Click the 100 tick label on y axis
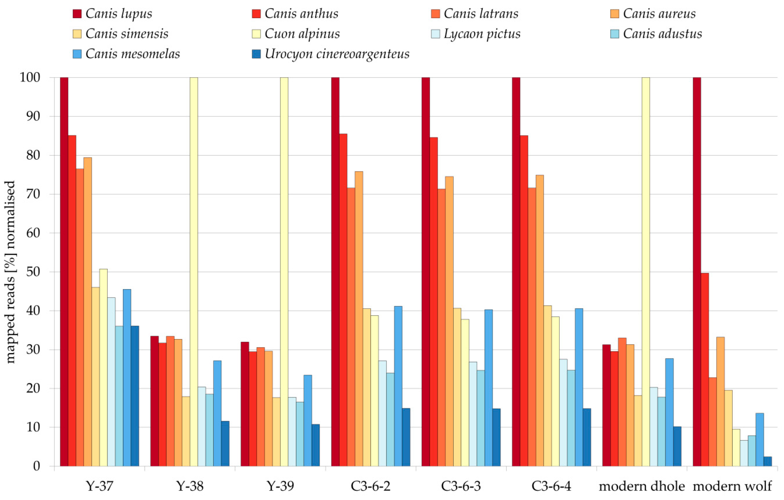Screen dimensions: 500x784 (x=30, y=77)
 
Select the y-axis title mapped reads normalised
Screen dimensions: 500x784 (x=10, y=272)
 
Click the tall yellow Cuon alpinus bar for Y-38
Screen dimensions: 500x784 (x=194, y=272)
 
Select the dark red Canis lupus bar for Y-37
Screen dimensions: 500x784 (x=64, y=272)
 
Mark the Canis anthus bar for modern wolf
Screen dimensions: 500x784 (x=705, y=369)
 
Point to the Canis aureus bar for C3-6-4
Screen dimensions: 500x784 (x=540, y=321)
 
